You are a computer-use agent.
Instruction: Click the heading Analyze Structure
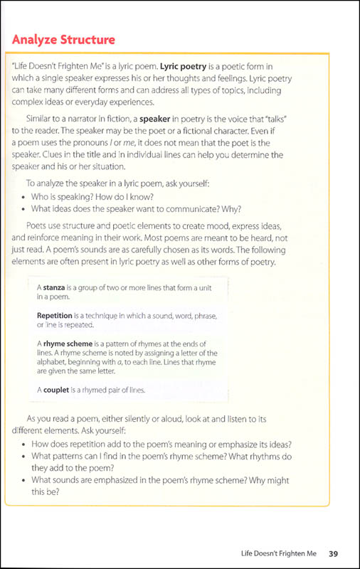pos(63,38)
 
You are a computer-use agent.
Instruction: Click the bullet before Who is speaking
pos(26,196)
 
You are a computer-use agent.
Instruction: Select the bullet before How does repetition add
pos(26,444)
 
